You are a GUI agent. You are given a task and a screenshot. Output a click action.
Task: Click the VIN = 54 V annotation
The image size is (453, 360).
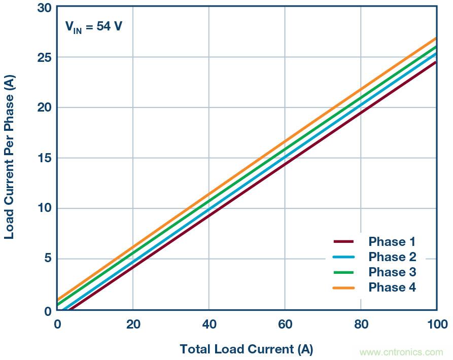coord(93,26)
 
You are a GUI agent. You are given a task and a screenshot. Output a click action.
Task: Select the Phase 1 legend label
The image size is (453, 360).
coord(392,241)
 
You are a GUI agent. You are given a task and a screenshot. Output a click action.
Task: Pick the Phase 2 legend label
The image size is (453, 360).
coord(392,257)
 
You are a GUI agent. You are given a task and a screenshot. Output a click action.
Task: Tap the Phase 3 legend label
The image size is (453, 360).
coord(392,272)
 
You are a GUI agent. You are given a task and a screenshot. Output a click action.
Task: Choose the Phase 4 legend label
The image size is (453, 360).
coord(392,287)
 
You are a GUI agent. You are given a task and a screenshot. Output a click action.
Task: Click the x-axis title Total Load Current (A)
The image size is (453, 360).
coord(246,349)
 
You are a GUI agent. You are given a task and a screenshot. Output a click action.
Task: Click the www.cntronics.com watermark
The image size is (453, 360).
coord(401,352)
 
